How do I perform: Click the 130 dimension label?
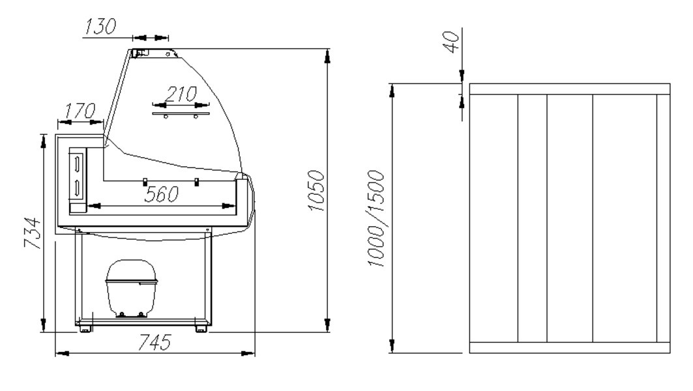100,26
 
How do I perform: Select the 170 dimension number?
80,110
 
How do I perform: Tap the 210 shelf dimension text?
181,94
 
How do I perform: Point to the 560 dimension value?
162,194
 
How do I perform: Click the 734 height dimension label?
33,233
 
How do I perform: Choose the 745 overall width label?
155,342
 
